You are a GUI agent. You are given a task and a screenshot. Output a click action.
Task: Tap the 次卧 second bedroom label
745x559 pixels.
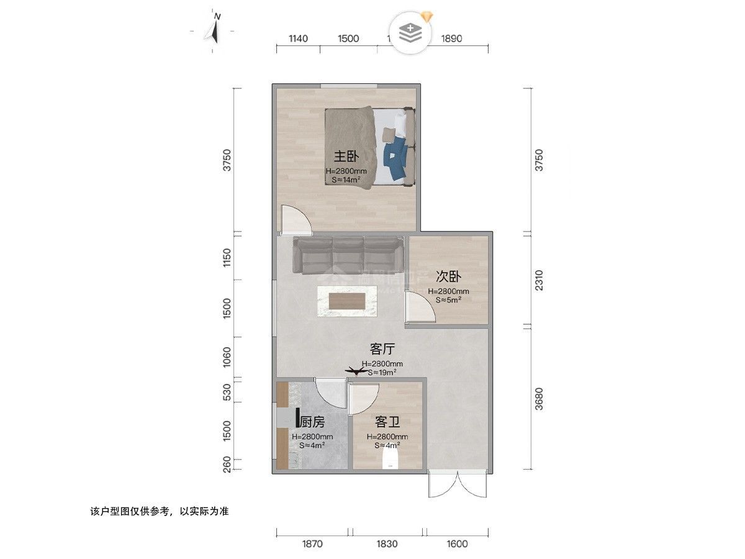click(448, 276)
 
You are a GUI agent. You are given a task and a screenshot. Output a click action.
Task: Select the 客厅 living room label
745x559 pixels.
click(382, 349)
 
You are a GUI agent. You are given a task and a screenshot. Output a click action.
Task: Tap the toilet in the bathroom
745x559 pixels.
click(389, 460)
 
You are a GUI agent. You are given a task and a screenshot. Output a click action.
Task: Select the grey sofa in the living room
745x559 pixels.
click(348, 255)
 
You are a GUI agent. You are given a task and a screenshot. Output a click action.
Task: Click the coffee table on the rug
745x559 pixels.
click(347, 301)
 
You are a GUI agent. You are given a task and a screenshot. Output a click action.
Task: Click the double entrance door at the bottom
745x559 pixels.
click(458, 484)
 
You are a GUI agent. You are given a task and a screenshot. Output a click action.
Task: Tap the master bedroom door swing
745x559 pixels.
click(294, 219)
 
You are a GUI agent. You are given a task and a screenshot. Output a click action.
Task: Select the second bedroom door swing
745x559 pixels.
click(420, 307)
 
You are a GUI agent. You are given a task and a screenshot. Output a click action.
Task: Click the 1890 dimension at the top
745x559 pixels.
click(451, 39)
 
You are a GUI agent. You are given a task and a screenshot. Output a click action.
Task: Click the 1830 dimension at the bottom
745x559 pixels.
click(387, 544)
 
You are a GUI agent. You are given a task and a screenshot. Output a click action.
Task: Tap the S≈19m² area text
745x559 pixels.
click(382, 373)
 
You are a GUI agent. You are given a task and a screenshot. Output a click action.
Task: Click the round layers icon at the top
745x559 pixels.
click(410, 32)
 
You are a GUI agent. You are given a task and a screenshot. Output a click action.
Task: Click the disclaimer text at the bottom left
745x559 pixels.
click(160, 512)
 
